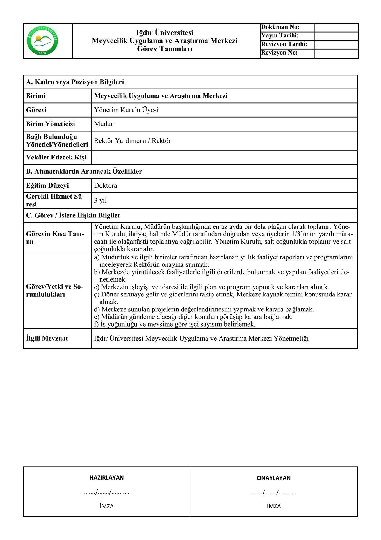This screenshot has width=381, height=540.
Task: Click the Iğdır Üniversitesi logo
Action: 42,41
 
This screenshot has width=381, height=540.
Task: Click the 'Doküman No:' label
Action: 280,27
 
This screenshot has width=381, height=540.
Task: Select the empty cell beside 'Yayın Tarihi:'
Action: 336,36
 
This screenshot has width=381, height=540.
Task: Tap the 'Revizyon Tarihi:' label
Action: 284,44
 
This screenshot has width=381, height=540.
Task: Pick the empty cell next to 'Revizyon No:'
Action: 336,53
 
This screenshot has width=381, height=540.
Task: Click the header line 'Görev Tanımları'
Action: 165,49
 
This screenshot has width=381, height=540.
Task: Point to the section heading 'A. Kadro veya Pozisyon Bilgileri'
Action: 75,82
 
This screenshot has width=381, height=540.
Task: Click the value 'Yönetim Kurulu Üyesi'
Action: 126,110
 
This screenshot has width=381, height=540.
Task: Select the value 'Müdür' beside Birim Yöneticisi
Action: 104,124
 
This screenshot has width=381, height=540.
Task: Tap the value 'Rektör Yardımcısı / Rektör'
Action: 132,141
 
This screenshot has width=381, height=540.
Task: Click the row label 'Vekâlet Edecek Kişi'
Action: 56,157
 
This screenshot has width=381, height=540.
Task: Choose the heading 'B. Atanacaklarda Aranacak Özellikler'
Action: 84,171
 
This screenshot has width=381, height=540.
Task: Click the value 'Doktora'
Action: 106,186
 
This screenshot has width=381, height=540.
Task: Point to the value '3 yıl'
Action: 100,201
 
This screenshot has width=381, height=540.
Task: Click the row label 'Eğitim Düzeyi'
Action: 47,186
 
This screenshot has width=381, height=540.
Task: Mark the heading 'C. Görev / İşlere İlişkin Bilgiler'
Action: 73,215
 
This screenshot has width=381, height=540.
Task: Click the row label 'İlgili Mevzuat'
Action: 47,338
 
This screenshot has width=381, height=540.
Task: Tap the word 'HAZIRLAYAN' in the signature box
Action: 106,477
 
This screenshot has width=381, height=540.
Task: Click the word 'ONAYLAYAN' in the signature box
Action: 273,478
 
